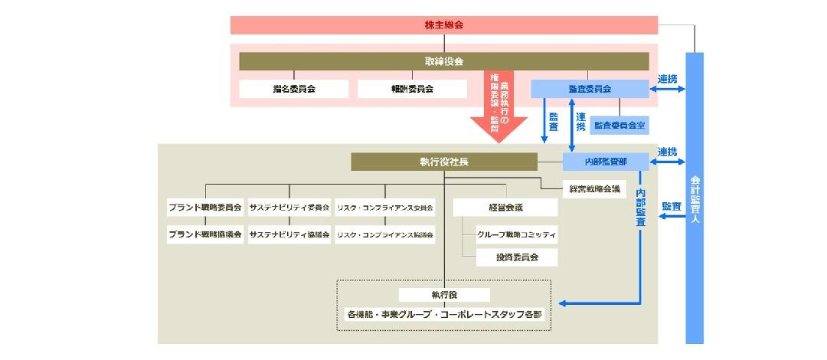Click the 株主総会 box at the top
(444, 25)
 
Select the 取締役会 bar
(444, 61)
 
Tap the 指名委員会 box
(294, 89)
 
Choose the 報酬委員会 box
(412, 89)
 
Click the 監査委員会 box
(590, 89)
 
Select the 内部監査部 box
(606, 162)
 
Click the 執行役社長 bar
(444, 162)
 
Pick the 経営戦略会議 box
(594, 188)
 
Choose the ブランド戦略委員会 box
(205, 207)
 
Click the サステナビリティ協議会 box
(289, 234)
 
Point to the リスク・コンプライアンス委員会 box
(385, 207)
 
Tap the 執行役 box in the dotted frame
(444, 295)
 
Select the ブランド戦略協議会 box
(205, 234)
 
